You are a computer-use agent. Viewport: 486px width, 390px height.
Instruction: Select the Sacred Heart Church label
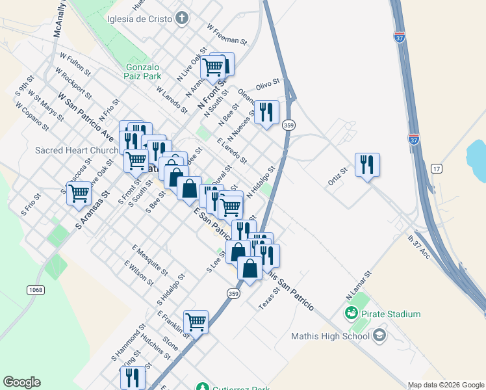[x=77, y=150]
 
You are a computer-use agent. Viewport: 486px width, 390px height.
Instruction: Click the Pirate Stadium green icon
[x=352, y=314]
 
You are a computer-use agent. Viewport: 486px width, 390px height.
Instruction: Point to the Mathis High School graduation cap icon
[x=379, y=335]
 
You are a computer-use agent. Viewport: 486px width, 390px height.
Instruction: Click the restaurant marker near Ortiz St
[x=367, y=165]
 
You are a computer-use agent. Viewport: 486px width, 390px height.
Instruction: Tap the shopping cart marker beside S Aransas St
[x=79, y=192]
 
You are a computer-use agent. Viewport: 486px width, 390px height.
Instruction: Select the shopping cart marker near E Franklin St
[x=196, y=321]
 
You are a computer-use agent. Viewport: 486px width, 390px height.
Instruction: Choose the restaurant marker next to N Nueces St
[x=266, y=112]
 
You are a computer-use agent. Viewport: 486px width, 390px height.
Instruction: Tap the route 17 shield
[x=436, y=168]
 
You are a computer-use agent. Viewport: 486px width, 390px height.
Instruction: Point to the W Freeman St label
[x=227, y=35]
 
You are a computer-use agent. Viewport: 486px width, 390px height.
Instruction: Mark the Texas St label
[x=269, y=298]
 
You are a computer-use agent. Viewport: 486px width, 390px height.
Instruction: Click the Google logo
[x=22, y=382]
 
